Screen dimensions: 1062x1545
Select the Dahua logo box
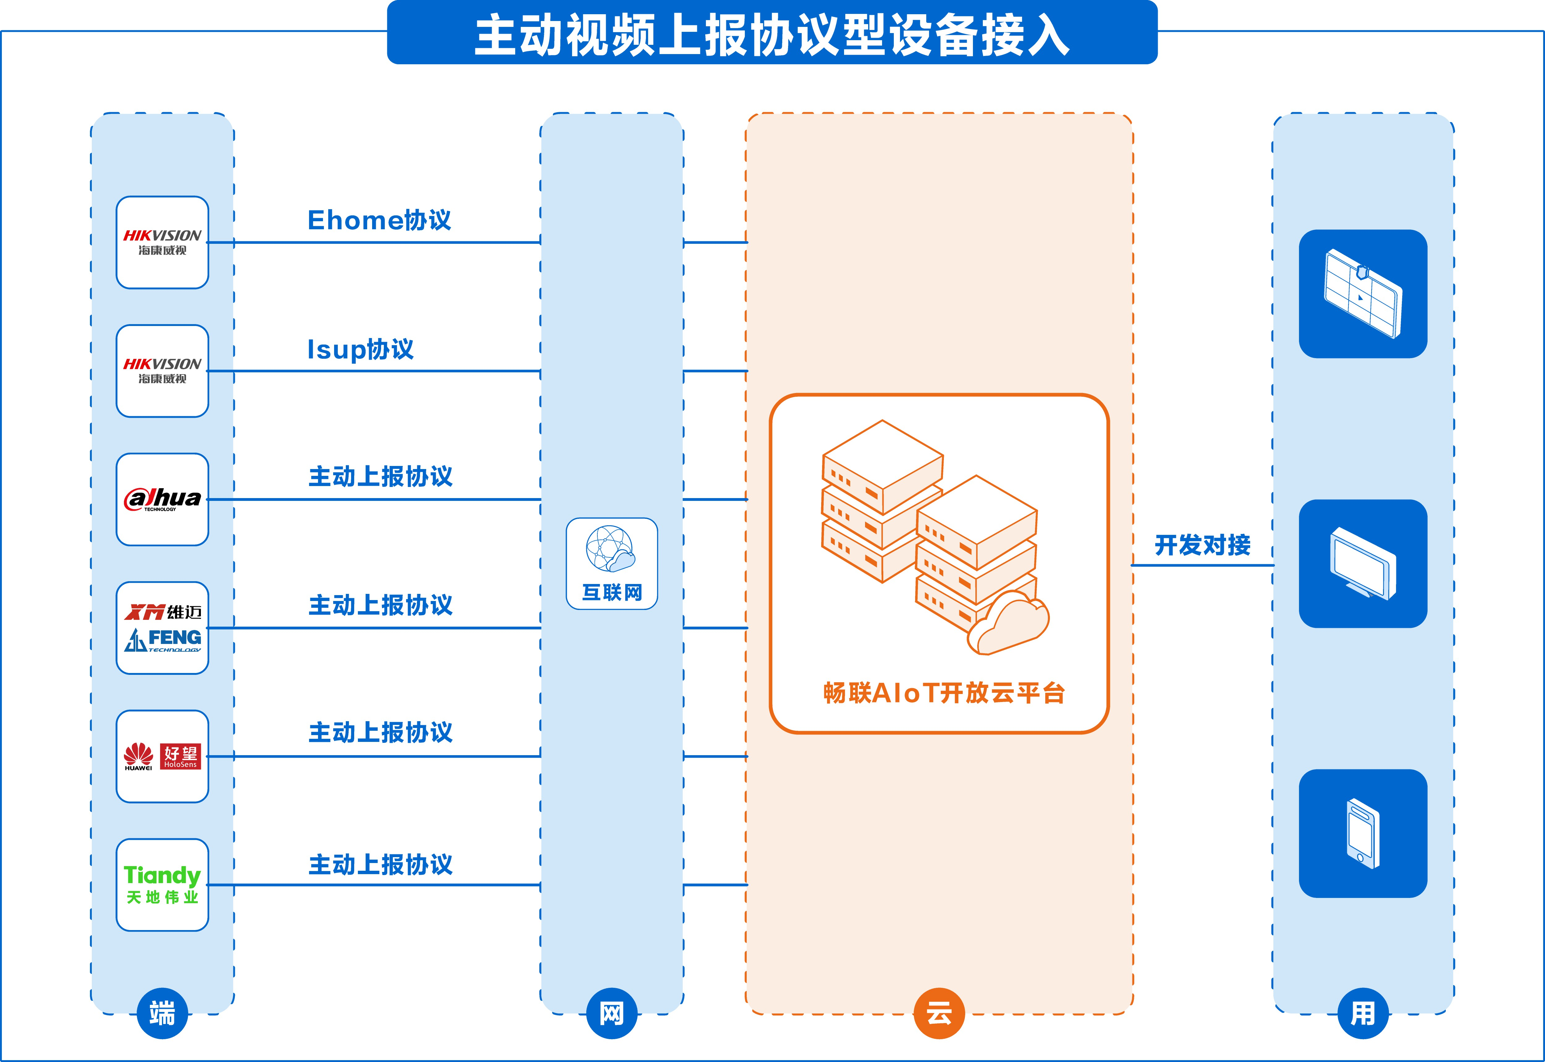pos(162,499)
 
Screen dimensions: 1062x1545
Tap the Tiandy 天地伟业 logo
pos(162,884)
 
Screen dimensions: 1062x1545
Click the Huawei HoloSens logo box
pos(162,756)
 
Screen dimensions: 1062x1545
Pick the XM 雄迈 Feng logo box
pos(162,628)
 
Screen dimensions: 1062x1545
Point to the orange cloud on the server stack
pos(1008,624)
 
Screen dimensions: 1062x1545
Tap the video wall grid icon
pos(1363,294)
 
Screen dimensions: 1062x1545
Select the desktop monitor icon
pos(1363,564)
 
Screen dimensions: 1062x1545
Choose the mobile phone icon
pos(1363,833)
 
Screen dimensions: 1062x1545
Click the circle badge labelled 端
pos(162,1013)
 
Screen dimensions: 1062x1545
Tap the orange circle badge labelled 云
pos(939,1013)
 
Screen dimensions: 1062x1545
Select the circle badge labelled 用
pos(1363,1013)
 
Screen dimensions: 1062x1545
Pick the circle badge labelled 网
pos(612,1013)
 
